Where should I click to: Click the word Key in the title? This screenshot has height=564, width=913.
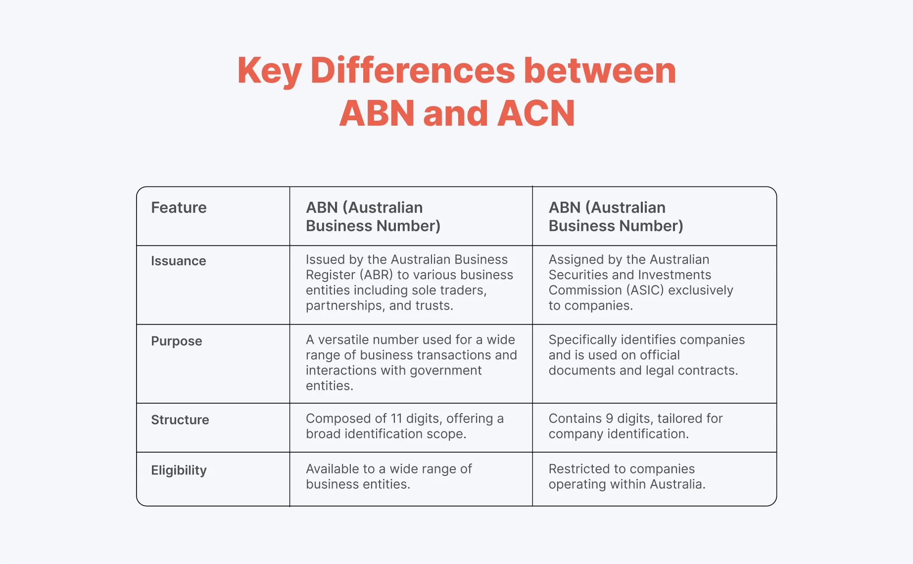[269, 71]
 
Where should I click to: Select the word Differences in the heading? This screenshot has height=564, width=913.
[413, 71]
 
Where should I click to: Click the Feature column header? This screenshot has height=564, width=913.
[179, 208]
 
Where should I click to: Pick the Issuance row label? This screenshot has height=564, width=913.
[178, 261]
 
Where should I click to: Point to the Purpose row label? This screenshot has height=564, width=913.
[176, 341]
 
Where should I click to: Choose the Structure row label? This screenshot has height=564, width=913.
[180, 420]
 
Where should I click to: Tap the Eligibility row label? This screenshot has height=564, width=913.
[179, 470]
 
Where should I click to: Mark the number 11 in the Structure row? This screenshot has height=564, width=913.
[396, 419]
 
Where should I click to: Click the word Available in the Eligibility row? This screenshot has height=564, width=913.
[333, 469]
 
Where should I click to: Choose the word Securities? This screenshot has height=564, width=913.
[577, 275]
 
